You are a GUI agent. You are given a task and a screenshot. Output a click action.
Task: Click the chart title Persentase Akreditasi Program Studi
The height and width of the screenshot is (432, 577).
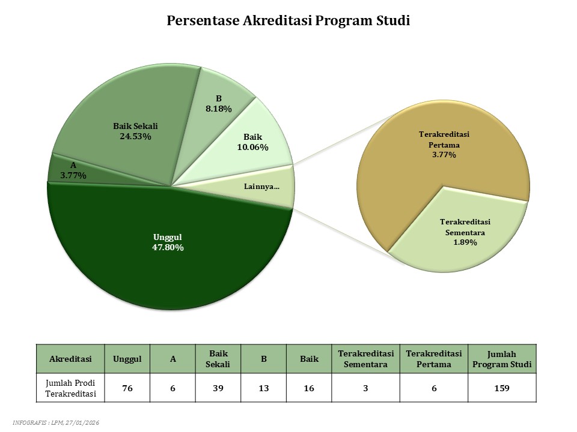tap(288, 21)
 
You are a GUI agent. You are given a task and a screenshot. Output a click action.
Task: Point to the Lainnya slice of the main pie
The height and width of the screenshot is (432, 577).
tap(264, 187)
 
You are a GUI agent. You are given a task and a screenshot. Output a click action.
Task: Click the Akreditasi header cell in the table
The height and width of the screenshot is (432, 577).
tap(70, 359)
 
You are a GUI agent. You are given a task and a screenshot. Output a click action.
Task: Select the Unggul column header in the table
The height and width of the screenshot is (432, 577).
tap(127, 359)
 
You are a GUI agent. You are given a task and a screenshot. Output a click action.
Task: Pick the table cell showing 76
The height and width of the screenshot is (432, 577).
tap(127, 388)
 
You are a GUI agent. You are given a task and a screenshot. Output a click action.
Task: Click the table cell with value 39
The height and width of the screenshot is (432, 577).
tap(218, 388)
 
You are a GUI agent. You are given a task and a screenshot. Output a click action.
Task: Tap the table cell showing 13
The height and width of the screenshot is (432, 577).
tap(264, 388)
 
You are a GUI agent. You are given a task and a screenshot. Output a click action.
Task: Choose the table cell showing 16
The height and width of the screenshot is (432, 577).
tap(309, 388)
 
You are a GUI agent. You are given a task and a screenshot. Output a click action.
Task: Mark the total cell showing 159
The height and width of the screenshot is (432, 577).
tap(502, 388)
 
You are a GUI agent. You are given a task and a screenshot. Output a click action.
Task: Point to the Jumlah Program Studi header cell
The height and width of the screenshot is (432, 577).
tap(502, 359)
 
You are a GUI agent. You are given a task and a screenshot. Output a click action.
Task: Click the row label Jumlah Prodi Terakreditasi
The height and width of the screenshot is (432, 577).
tap(70, 388)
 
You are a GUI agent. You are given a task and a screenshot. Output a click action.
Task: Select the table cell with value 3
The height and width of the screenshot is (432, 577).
tap(365, 388)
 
